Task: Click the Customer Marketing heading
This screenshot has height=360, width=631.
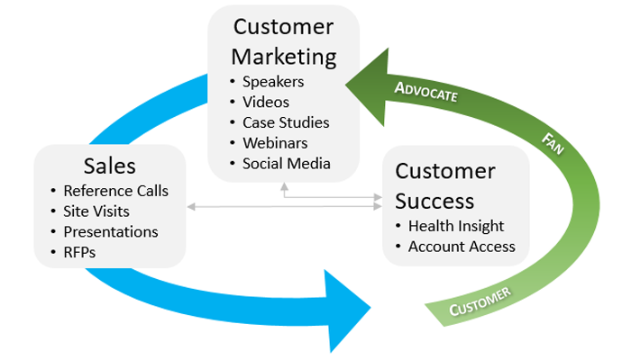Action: tap(284, 42)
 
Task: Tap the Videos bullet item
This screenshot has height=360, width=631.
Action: tap(267, 102)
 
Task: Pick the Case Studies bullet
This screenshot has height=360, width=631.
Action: tap(285, 122)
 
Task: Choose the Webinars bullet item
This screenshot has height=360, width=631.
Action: tap(274, 143)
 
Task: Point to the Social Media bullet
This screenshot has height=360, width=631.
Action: tap(286, 164)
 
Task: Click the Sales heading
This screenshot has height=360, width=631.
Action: tap(109, 166)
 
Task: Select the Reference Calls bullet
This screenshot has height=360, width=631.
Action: tap(114, 191)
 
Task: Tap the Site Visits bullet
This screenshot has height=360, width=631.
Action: tap(96, 211)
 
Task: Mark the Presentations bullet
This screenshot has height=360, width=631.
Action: tap(110, 232)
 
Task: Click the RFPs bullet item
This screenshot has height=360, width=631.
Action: tap(79, 253)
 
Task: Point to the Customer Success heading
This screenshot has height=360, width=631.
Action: tap(445, 184)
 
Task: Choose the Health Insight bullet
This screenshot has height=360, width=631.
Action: tap(455, 226)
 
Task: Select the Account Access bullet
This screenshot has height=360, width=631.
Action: tap(462, 246)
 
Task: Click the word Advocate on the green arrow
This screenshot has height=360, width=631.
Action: tap(427, 91)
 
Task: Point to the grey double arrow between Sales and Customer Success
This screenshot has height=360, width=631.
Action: tap(284, 208)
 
